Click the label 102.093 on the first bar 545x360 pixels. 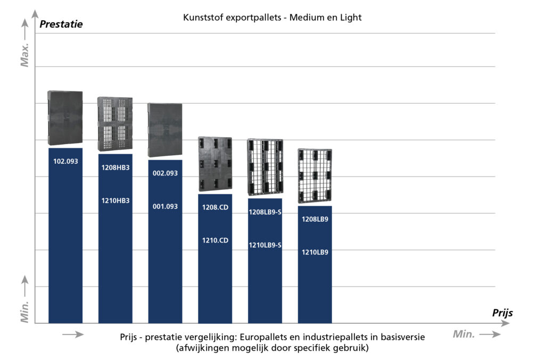[65, 161]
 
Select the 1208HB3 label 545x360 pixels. [115, 167]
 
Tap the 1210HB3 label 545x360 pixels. [115, 200]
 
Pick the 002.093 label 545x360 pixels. [165, 173]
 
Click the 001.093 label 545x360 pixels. [165, 206]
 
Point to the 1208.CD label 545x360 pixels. [215, 207]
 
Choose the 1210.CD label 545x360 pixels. [215, 240]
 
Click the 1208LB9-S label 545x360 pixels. [265, 212]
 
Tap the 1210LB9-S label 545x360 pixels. [265, 245]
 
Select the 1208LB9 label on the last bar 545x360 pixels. [315, 219]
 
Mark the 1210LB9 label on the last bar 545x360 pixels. [315, 252]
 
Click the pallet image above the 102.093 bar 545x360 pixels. [65, 118]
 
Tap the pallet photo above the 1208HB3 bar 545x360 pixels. [115, 124]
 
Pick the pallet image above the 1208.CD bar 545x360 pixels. [215, 164]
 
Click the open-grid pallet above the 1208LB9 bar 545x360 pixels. [315, 175]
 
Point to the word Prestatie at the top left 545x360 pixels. [61, 24]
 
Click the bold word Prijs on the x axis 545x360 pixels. [502, 313]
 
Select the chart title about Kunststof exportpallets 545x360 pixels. [272, 18]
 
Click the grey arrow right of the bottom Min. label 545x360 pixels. [489, 334]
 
